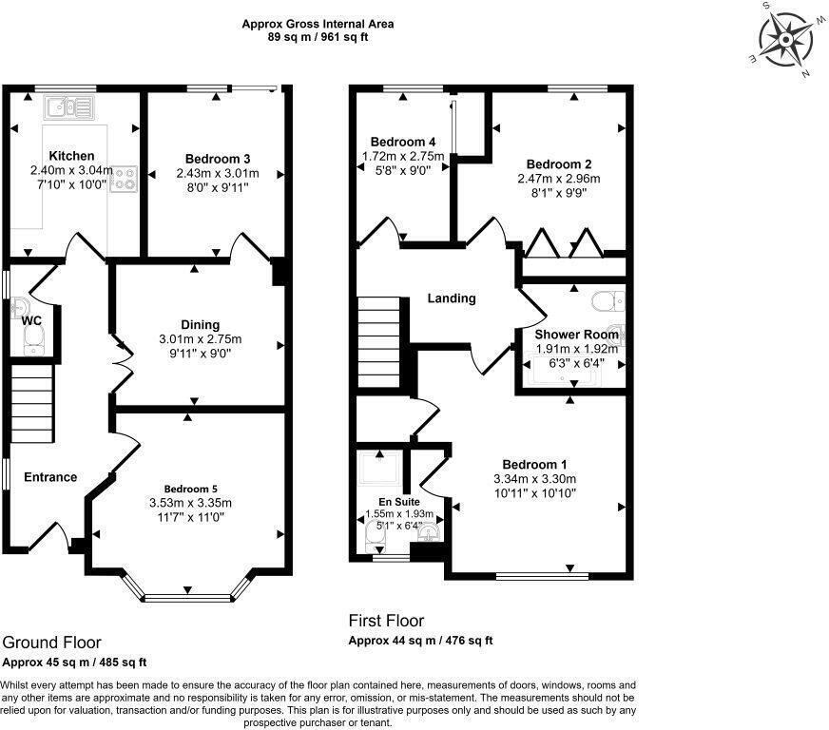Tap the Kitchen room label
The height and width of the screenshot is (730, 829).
(71, 156)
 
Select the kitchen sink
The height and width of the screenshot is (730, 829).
(68, 106)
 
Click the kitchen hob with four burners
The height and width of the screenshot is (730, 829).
(125, 179)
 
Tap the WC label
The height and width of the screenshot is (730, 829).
(31, 320)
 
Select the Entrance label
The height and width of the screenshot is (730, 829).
(50, 476)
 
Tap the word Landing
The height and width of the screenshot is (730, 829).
(452, 298)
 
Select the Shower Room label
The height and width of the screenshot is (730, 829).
(576, 335)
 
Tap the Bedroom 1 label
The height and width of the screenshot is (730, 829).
(535, 464)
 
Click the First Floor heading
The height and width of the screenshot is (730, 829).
(386, 621)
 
